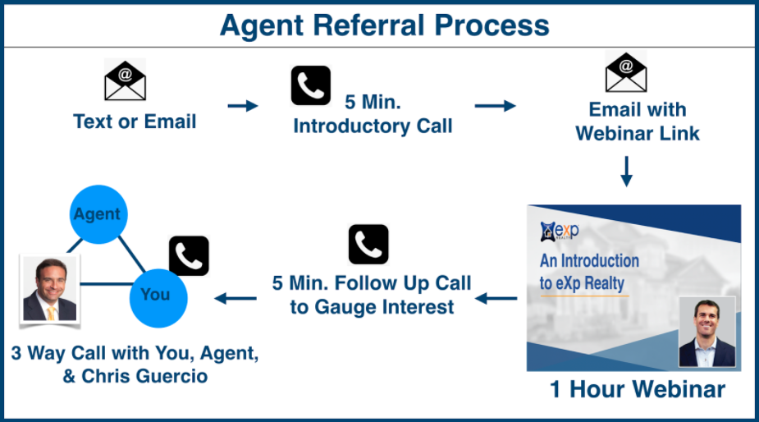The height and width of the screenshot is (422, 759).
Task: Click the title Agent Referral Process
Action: (385, 25)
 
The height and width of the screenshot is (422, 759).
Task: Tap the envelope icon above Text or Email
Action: (126, 80)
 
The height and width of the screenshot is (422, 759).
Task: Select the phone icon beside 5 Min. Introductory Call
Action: (311, 85)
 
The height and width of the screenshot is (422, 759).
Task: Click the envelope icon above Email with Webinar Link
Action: (626, 71)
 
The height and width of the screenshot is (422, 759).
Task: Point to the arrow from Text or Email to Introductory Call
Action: (243, 106)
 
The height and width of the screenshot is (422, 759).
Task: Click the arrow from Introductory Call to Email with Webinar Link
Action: (495, 106)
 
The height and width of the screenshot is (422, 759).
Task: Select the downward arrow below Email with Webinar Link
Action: (626, 172)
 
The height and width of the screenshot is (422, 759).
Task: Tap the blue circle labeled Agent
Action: (98, 214)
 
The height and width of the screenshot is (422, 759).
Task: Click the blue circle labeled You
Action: (158, 299)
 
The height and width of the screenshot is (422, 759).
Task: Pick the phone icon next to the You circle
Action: (189, 256)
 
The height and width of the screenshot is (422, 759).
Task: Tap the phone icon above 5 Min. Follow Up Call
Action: (368, 244)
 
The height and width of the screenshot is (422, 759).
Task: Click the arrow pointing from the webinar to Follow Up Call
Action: (496, 299)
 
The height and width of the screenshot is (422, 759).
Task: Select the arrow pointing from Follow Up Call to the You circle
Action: (235, 299)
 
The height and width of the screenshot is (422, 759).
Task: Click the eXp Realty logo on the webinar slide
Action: (560, 231)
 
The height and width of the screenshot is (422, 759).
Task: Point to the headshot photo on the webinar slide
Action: (707, 332)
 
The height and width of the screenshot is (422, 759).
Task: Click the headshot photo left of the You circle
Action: (50, 289)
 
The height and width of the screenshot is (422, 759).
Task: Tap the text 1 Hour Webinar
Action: (638, 389)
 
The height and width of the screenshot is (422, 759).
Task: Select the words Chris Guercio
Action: (144, 377)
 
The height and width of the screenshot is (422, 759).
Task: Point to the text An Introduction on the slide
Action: (590, 260)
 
